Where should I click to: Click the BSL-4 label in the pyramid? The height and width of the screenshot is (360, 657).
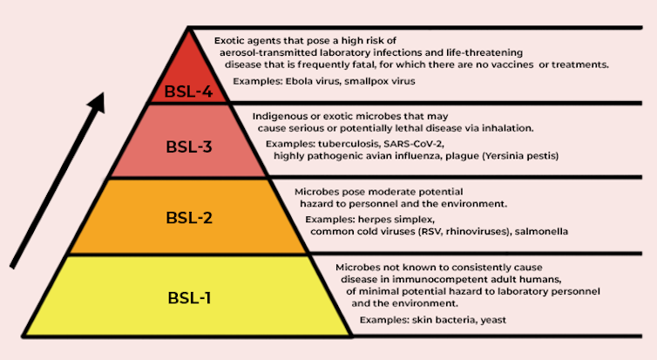[x=188, y=92]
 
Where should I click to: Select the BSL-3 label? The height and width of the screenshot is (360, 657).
[x=189, y=146]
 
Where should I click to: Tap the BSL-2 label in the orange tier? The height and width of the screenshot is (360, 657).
[x=189, y=218]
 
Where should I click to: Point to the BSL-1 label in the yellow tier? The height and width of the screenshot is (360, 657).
[x=189, y=298]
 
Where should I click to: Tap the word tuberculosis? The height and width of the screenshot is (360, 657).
[x=348, y=144]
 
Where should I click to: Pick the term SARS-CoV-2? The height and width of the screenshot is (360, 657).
[x=413, y=144]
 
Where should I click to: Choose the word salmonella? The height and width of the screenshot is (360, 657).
[x=541, y=231]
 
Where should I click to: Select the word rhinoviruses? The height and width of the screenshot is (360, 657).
[x=478, y=231]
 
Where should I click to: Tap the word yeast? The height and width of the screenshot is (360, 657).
[x=493, y=320]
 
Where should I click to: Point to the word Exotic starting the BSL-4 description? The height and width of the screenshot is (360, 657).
[x=228, y=41]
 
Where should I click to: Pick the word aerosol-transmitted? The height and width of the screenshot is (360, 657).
[x=268, y=53]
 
